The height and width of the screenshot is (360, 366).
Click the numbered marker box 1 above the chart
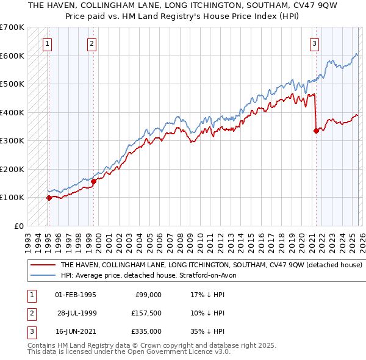(x=48, y=43)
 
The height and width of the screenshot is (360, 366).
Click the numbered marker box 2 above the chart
(x=91, y=43)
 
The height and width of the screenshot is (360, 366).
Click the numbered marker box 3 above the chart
(x=314, y=43)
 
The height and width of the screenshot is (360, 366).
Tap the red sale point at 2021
(x=316, y=130)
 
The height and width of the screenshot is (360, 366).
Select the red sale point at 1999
(x=94, y=181)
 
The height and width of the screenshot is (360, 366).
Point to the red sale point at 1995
(x=49, y=198)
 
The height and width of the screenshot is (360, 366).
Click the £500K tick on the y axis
(x=12, y=84)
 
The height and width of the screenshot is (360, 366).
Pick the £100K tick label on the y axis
(x=12, y=198)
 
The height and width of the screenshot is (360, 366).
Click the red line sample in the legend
(x=43, y=265)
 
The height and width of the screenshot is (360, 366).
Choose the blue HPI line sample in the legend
(x=43, y=276)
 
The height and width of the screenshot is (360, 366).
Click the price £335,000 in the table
(x=146, y=331)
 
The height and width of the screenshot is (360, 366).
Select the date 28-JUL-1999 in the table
(x=76, y=313)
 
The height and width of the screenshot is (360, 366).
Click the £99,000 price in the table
(x=148, y=295)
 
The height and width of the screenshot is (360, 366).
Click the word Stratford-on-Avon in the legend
(x=211, y=276)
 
